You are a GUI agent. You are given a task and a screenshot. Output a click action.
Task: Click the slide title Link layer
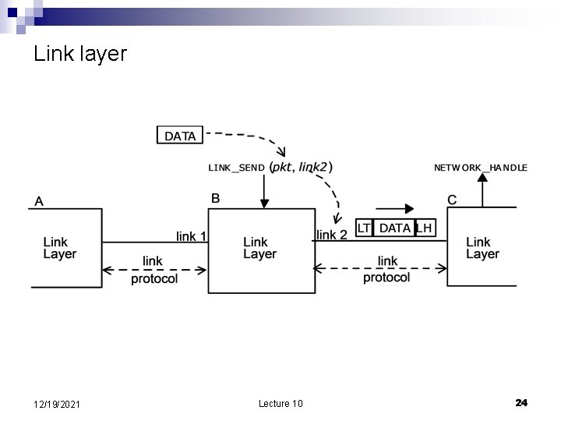(x=80, y=55)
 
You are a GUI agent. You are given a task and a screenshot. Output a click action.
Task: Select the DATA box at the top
(x=180, y=136)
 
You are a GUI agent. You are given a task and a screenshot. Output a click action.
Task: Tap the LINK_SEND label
(x=236, y=168)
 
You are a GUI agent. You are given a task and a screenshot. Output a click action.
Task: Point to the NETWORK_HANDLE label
(x=480, y=168)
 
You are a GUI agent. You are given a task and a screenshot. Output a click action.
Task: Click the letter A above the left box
(x=39, y=201)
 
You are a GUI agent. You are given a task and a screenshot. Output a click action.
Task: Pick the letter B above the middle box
(x=216, y=198)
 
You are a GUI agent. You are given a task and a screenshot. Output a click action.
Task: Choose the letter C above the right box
(x=452, y=200)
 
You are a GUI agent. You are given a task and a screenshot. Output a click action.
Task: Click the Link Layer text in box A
(x=60, y=248)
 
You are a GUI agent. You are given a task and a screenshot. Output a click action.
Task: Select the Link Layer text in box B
(x=259, y=248)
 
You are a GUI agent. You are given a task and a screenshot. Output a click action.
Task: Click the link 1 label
(x=191, y=235)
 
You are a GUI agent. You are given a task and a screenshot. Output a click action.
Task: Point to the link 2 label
(x=332, y=234)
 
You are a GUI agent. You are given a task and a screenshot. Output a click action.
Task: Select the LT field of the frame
(x=364, y=228)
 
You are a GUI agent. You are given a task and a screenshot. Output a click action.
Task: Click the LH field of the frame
(x=424, y=228)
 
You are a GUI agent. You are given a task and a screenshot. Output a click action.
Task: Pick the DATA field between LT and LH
(x=394, y=228)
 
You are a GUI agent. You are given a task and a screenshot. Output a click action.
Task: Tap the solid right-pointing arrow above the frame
(x=395, y=208)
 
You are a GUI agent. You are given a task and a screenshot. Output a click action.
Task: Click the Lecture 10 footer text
(x=280, y=403)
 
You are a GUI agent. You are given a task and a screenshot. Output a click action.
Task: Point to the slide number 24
(x=521, y=402)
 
